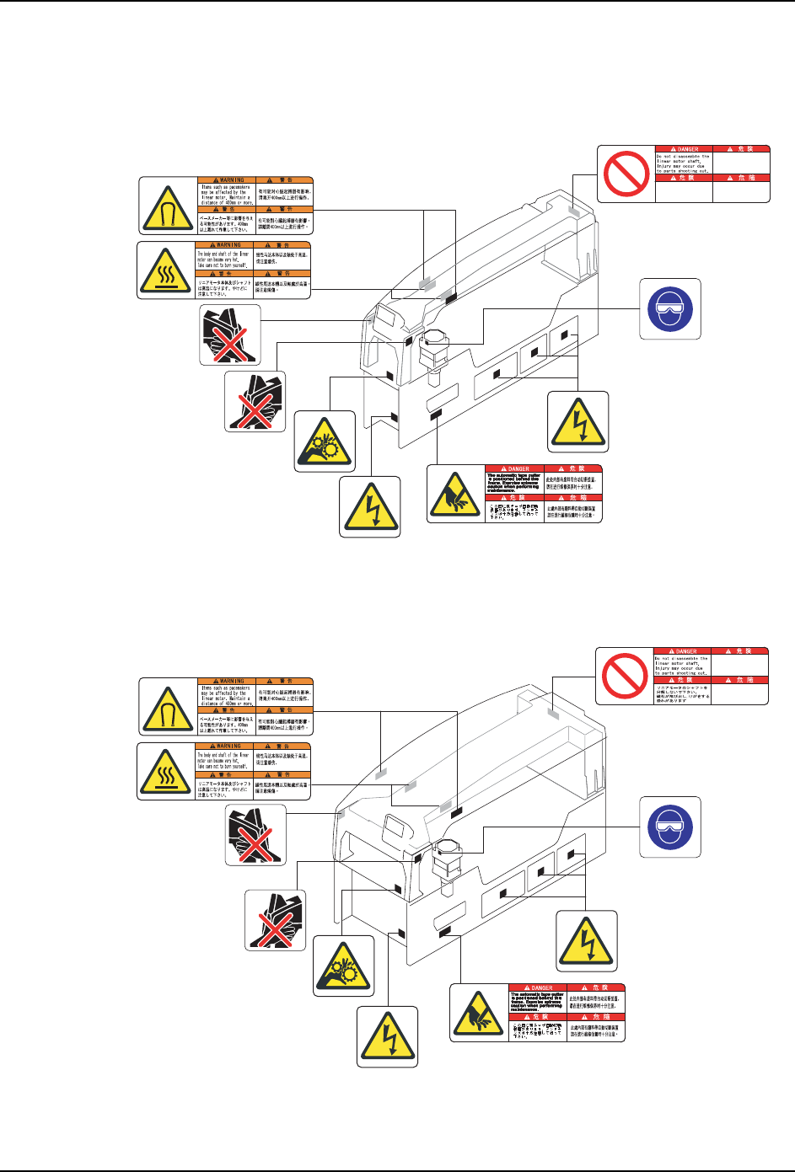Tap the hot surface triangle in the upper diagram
[x=167, y=270]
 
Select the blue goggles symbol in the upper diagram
[x=670, y=309]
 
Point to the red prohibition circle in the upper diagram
[x=626, y=174]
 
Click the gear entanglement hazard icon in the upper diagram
[x=325, y=442]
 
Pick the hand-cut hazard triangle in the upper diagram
[x=456, y=495]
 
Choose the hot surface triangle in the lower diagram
[x=167, y=771]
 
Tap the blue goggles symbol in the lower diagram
[x=670, y=827]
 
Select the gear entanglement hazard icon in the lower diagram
[x=343, y=966]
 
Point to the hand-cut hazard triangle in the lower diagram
[x=479, y=1013]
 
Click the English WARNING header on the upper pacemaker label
[x=226, y=179]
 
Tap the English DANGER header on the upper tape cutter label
[x=515, y=468]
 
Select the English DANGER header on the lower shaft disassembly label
[x=683, y=651]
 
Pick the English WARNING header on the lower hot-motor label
[x=224, y=746]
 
